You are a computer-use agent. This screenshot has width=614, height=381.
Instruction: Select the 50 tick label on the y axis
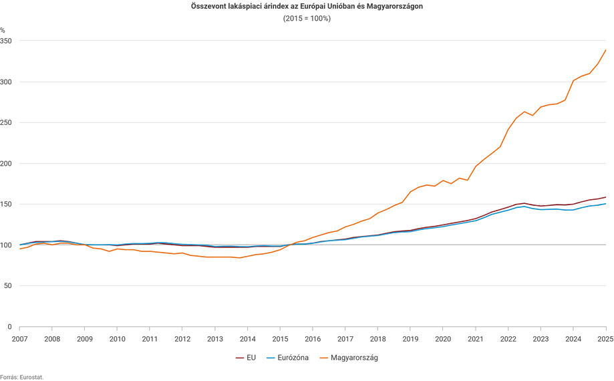point(8,286)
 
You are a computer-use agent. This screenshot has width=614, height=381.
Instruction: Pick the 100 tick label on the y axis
point(7,245)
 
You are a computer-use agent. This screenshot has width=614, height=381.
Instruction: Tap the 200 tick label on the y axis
point(7,164)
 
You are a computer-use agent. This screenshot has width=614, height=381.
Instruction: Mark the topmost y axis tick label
point(7,41)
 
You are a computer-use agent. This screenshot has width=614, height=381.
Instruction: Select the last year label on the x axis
point(605,339)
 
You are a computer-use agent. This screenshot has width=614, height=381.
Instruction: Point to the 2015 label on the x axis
point(280,339)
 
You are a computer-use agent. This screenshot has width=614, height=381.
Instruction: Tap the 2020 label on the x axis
point(442,339)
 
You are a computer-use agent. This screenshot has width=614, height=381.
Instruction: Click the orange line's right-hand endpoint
point(606,49)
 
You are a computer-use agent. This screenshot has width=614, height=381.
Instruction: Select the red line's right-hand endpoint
point(606,197)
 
